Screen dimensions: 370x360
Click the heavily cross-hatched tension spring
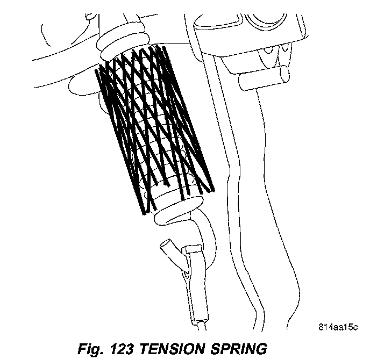coord(153,126)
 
